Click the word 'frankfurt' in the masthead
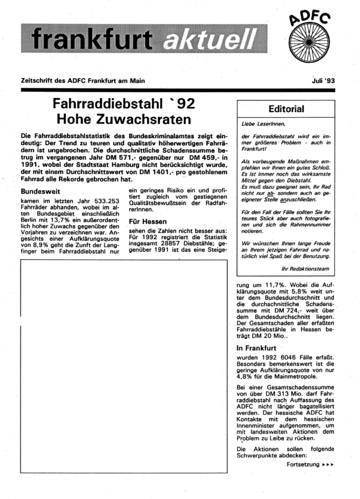click(x=92, y=37)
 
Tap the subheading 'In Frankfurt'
click(x=253, y=348)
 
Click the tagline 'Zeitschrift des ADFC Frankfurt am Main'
click(x=83, y=81)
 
